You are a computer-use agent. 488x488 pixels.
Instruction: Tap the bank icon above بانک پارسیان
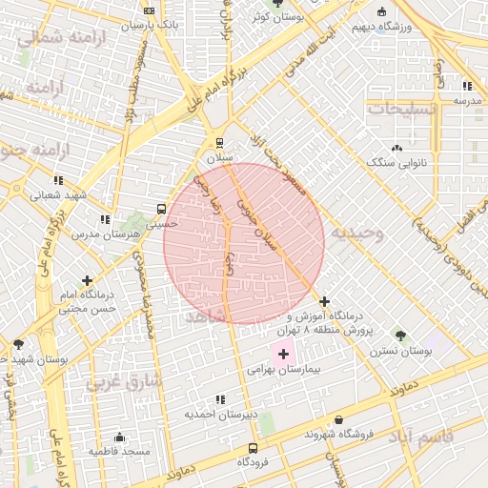pyautogui.click(x=148, y=10)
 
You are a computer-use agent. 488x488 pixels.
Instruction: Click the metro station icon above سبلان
pyautogui.click(x=220, y=141)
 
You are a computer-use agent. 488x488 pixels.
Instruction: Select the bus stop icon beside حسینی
pyautogui.click(x=161, y=207)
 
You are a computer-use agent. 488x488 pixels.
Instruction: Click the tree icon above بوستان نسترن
pyautogui.click(x=400, y=336)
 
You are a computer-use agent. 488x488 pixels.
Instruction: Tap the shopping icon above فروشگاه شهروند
pyautogui.click(x=339, y=419)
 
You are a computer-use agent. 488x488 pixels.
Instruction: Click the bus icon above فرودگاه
pyautogui.click(x=253, y=448)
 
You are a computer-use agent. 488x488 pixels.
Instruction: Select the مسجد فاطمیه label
pyautogui.click(x=120, y=450)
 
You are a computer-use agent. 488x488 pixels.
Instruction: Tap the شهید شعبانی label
pyautogui.click(x=58, y=194)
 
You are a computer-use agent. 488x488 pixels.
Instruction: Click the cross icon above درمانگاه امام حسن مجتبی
pyautogui.click(x=89, y=281)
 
